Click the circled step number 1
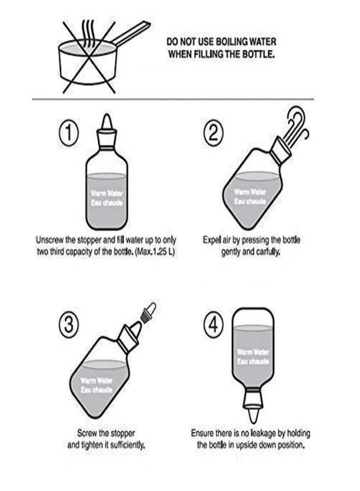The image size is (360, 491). (69, 133)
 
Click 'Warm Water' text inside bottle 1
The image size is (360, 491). (106, 193)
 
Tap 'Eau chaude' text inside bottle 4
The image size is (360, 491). (253, 362)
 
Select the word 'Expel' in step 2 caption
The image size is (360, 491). (212, 241)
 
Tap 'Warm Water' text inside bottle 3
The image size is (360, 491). (97, 380)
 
